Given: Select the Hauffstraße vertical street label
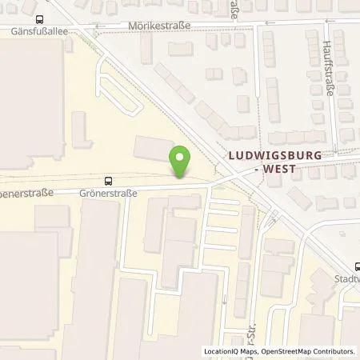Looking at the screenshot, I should tap(328, 69).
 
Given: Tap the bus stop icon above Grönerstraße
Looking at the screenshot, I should tap(108, 181).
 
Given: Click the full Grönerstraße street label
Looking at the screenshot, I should tap(108, 193).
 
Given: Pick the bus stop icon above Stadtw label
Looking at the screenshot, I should tap(358, 267).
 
